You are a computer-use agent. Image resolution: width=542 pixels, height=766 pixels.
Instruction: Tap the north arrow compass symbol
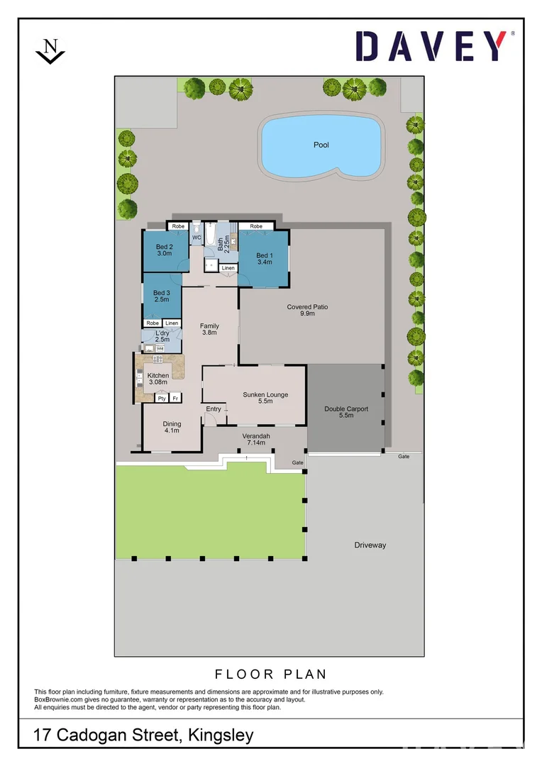[50, 51]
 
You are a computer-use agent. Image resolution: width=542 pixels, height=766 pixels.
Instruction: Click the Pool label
[321, 145]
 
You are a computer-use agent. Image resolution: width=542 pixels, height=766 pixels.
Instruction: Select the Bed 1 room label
[264, 259]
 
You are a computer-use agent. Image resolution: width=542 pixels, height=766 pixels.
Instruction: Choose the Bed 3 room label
[161, 296]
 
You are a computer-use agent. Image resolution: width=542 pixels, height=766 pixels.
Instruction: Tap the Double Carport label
[346, 412]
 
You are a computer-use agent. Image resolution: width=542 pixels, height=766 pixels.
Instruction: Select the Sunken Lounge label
[265, 399]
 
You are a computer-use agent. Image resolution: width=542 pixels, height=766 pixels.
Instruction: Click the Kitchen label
[157, 379]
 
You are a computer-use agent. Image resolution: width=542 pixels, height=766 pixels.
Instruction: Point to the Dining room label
[171, 428]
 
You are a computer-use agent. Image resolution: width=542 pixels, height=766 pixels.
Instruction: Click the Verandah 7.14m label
[255, 439]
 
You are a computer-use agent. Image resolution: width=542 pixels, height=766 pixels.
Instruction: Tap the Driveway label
[370, 545]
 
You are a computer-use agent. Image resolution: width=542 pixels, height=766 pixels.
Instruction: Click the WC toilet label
[197, 238]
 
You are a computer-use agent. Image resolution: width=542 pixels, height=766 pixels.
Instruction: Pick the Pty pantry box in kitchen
[162, 399]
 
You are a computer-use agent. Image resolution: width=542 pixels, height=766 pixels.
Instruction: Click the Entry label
[214, 409]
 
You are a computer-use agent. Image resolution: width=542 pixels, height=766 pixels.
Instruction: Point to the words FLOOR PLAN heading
[270, 675]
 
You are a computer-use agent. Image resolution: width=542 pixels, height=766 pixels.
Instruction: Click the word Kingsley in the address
[221, 736]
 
